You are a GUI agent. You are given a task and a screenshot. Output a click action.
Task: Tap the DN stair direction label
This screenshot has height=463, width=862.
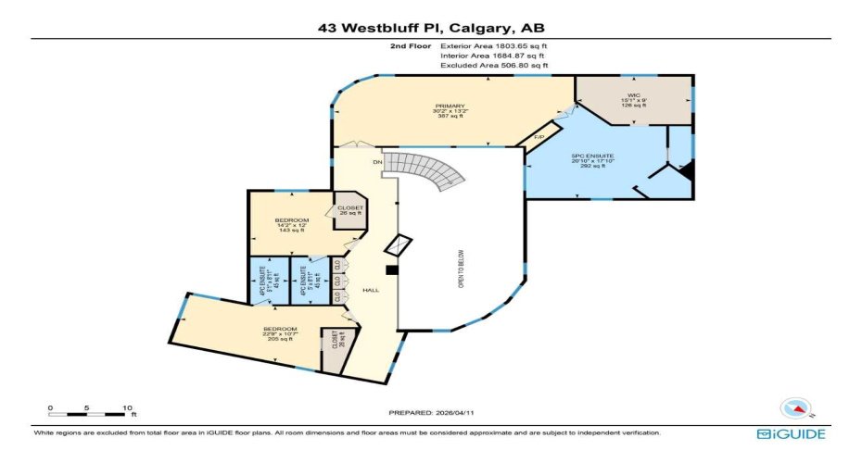click(377, 162)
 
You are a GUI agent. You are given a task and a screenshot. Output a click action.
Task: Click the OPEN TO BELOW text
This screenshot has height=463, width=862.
click(460, 269)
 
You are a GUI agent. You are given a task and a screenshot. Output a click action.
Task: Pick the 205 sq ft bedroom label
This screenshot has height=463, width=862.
click(280, 334)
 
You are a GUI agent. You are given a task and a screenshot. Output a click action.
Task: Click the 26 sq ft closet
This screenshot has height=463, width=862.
click(350, 210)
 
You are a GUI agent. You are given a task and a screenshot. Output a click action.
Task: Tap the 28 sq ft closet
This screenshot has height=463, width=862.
click(330, 349)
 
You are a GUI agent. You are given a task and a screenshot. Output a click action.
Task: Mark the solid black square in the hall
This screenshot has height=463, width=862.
click(391, 270)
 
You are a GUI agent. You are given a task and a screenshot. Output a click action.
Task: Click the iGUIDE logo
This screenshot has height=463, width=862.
click(790, 433)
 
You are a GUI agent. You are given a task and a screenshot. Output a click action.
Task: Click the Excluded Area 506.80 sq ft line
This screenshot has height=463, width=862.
click(494, 66)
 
